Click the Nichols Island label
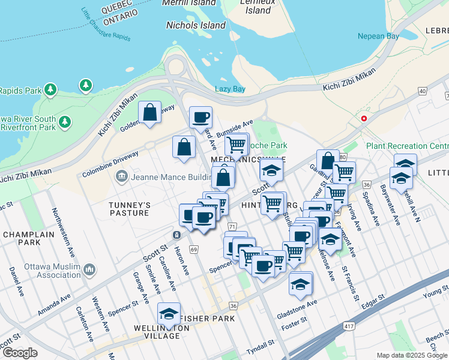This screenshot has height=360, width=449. (x=196, y=26)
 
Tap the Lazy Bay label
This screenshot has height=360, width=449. (x=231, y=89)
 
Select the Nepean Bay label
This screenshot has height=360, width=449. (x=378, y=37)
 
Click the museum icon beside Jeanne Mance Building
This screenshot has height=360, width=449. (x=121, y=176)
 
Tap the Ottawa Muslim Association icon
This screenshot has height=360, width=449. (x=89, y=269)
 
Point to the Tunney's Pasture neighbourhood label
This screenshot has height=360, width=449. (x=128, y=209)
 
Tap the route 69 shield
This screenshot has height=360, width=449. (x=193, y=249)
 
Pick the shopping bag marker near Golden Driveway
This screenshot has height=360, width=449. (x=149, y=112)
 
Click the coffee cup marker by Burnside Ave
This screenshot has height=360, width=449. (x=200, y=117)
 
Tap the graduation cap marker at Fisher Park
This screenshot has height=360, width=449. (x=169, y=314)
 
